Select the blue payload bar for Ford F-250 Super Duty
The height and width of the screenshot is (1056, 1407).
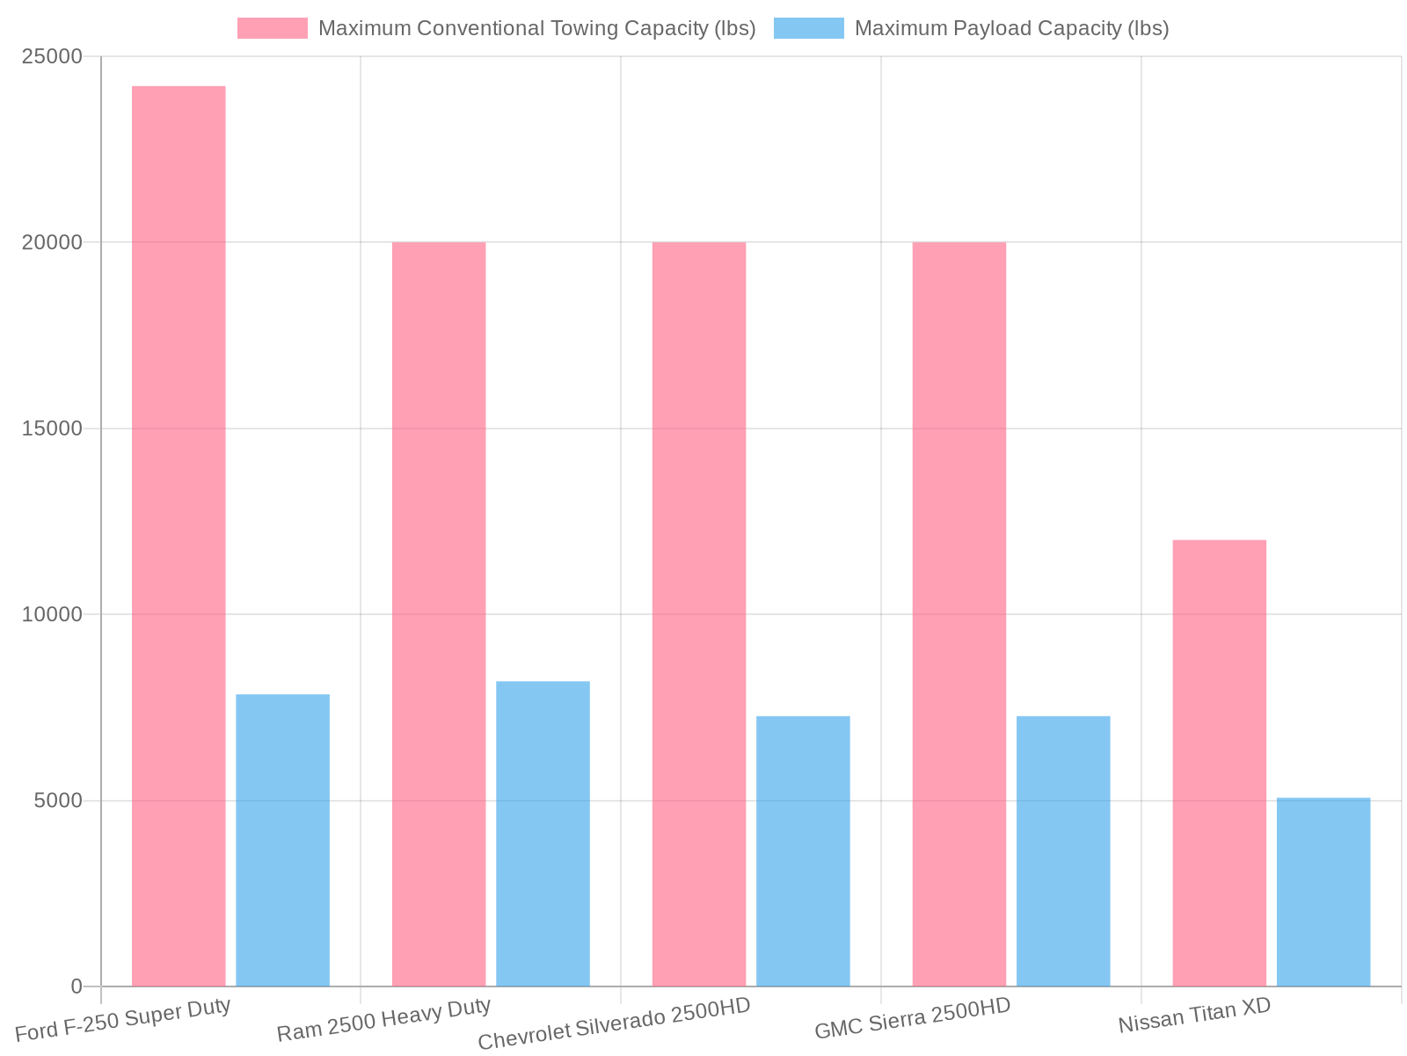click(282, 840)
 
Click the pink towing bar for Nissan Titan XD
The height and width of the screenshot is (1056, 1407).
click(1220, 762)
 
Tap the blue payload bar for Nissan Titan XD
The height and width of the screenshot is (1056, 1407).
click(1323, 891)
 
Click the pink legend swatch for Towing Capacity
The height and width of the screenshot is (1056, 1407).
click(273, 28)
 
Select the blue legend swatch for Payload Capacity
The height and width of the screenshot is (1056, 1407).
click(809, 28)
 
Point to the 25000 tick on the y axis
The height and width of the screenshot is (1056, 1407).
click(52, 57)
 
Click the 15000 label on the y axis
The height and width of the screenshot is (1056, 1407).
click(52, 429)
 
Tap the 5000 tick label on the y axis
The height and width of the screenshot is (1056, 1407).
click(58, 801)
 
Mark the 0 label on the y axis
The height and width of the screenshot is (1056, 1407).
click(77, 986)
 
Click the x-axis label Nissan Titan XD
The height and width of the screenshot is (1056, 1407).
click(1194, 1016)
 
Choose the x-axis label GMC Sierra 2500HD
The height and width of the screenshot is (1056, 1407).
click(913, 1018)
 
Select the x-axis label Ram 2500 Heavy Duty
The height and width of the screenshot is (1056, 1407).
click(383, 1020)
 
